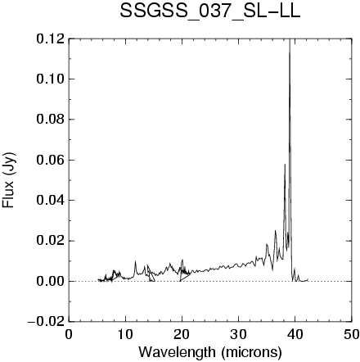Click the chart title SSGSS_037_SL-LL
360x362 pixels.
210,11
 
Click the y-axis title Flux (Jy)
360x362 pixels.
9,180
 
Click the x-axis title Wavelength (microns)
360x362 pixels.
210,352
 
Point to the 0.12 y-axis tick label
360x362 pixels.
51,38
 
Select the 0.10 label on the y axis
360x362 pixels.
51,79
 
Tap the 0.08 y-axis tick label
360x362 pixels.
51,120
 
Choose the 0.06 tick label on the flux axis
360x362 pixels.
51,160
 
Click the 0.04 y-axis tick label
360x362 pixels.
51,201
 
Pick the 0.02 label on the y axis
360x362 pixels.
51,241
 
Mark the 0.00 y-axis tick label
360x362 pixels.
51,281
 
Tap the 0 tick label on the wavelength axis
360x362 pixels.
69,334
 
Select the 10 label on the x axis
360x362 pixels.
125,334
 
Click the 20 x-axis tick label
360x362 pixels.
182,334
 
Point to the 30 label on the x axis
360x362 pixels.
238,334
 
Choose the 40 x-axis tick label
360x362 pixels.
295,334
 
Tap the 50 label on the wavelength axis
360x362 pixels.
351,334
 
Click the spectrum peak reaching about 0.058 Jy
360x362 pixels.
285,165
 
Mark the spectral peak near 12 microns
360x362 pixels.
135,261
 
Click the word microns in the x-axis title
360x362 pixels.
251,352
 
